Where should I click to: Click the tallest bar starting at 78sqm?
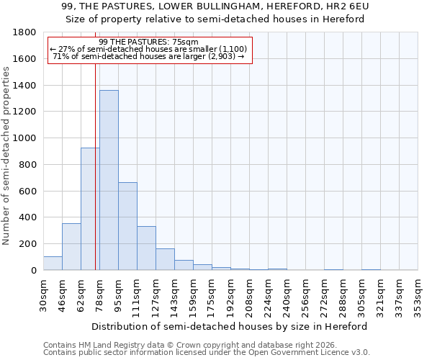pyautogui.click(x=109, y=180)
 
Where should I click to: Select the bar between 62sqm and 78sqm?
pyautogui.click(x=90, y=209)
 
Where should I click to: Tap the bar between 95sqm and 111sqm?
pyautogui.click(x=127, y=226)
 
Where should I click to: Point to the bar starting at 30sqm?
pyautogui.click(x=53, y=263)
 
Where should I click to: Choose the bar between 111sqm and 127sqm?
pyautogui.click(x=146, y=248)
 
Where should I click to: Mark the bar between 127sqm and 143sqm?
pyautogui.click(x=165, y=259)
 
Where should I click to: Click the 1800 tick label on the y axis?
pyautogui.click(x=25, y=32)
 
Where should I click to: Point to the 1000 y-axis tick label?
pyautogui.click(x=25, y=138)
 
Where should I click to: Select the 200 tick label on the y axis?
pyautogui.click(x=28, y=244)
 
